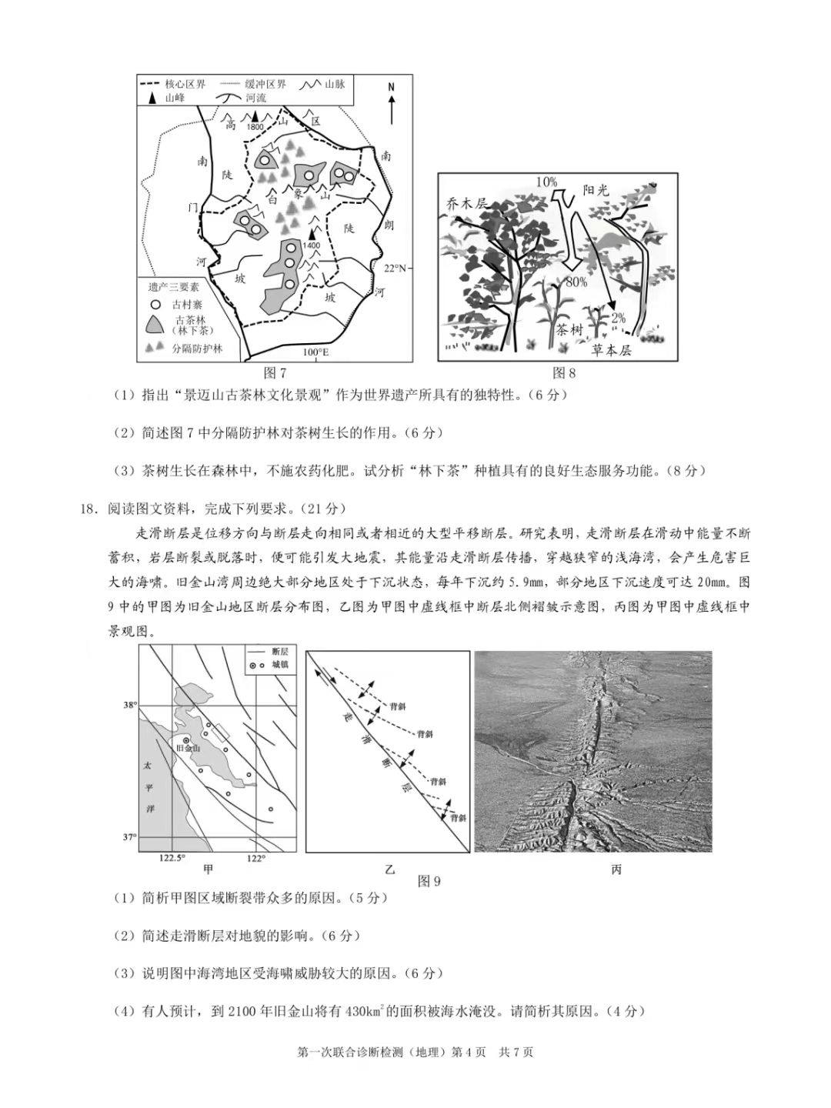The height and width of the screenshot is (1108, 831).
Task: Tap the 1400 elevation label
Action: pos(311,245)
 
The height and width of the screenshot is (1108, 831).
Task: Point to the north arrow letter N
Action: pos(391,87)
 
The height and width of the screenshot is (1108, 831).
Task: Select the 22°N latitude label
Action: pos(395,268)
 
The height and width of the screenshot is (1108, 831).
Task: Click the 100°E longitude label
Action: pos(315,352)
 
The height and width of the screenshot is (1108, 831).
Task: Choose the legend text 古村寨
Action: pos(187,305)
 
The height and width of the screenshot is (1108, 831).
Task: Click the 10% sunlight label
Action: pos(546,182)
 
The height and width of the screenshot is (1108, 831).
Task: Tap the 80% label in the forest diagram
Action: pos(576,282)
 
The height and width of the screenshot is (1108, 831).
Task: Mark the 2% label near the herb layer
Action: pos(618,318)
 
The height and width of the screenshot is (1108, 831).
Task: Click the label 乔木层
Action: pos(467,203)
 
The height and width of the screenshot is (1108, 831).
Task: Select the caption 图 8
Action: pos(564,373)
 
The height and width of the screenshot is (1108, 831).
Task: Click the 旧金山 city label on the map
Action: pos(188,748)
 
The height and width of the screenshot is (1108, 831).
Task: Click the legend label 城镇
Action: pos(280,665)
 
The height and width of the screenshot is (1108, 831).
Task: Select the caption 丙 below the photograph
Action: pos(616,869)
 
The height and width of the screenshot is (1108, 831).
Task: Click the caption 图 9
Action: pos(429,882)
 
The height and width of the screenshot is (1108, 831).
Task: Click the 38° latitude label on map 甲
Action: pos(129,705)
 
